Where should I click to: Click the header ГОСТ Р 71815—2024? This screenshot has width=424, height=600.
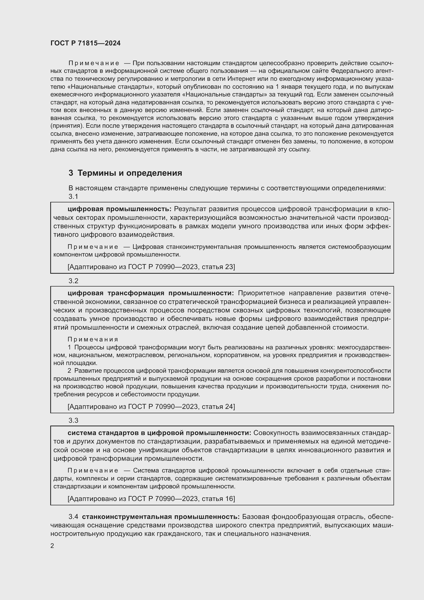pyautogui.click(x=85, y=43)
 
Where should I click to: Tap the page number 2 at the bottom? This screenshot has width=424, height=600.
pyautogui.click(x=52, y=546)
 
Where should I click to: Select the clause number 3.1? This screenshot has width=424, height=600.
pyautogui.click(x=73, y=196)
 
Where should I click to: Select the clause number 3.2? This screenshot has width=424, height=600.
pyautogui.click(x=73, y=281)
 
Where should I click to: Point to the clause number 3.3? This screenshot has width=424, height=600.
pyautogui.click(x=73, y=420)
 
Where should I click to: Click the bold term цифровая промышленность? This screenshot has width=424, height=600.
pyautogui.click(x=119, y=209)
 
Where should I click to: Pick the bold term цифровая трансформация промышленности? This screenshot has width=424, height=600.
pyautogui.click(x=151, y=293)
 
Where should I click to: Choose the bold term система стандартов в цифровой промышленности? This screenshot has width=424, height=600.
pyautogui.click(x=159, y=433)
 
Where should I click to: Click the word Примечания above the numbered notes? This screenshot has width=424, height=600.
pyautogui.click(x=93, y=339)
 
